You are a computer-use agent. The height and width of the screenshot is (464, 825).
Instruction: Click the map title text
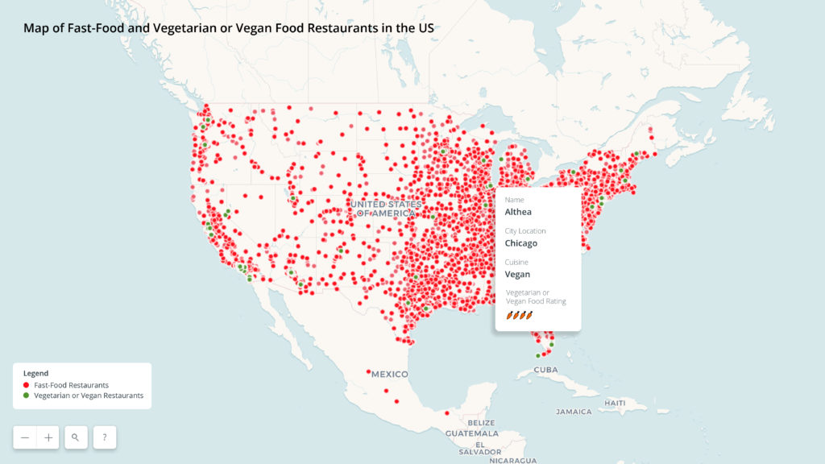(x=229, y=27)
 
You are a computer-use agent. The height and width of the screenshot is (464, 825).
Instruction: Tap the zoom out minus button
(x=25, y=437)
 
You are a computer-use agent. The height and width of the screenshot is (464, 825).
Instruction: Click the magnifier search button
(x=76, y=437)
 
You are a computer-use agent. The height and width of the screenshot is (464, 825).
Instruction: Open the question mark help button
(x=105, y=437)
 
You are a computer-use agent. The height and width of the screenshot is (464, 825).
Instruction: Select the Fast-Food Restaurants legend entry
(x=71, y=385)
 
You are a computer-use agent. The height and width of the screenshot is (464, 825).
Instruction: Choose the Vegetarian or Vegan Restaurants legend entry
(x=89, y=396)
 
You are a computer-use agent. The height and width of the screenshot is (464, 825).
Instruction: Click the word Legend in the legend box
(x=35, y=374)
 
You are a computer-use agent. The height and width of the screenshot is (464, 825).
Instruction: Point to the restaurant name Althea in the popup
(x=518, y=212)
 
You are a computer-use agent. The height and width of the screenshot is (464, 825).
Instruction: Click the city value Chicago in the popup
(x=520, y=243)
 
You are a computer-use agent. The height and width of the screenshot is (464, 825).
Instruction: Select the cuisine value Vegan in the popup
(x=517, y=274)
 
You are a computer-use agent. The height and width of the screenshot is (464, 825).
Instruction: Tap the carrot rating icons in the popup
(x=520, y=315)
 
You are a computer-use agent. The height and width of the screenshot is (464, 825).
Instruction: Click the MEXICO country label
(x=389, y=375)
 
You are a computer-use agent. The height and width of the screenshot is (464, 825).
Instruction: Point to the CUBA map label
(x=545, y=370)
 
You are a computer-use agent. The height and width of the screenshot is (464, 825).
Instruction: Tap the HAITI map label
(x=615, y=402)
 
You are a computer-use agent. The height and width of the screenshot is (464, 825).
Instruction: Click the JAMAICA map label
(x=574, y=412)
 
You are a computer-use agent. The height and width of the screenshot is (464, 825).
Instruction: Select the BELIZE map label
(x=480, y=423)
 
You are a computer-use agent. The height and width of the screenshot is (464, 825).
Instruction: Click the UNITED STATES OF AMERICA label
(x=386, y=209)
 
